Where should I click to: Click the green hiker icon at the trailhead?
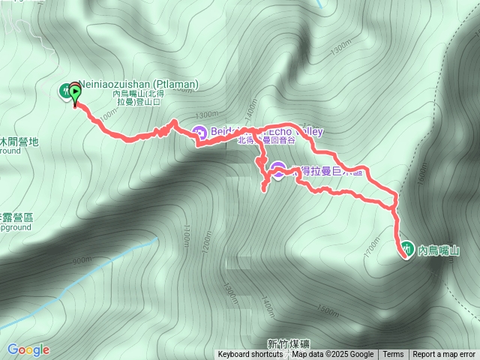64,91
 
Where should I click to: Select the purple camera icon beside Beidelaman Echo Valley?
199,133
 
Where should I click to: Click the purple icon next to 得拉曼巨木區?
277,170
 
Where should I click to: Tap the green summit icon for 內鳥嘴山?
406,247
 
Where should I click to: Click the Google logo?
28,349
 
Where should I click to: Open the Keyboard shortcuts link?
251,355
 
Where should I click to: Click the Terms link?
393,355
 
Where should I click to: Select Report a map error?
444,355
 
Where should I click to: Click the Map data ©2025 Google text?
332,355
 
